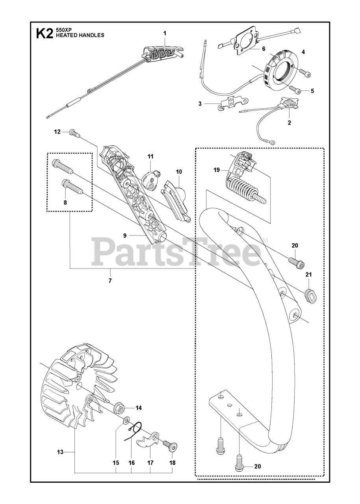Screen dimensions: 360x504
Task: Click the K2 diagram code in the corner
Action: pyautogui.click(x=44, y=33)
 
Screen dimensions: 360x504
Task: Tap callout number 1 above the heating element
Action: pyautogui.click(x=165, y=34)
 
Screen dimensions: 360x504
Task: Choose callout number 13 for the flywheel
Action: pyautogui.click(x=60, y=452)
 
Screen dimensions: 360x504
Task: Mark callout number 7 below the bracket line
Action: pyautogui.click(x=110, y=281)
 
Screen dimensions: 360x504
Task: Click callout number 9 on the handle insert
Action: pyautogui.click(x=124, y=235)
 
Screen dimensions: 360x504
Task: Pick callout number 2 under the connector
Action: pyautogui.click(x=289, y=123)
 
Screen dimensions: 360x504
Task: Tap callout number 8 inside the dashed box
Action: pyautogui.click(x=65, y=202)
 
